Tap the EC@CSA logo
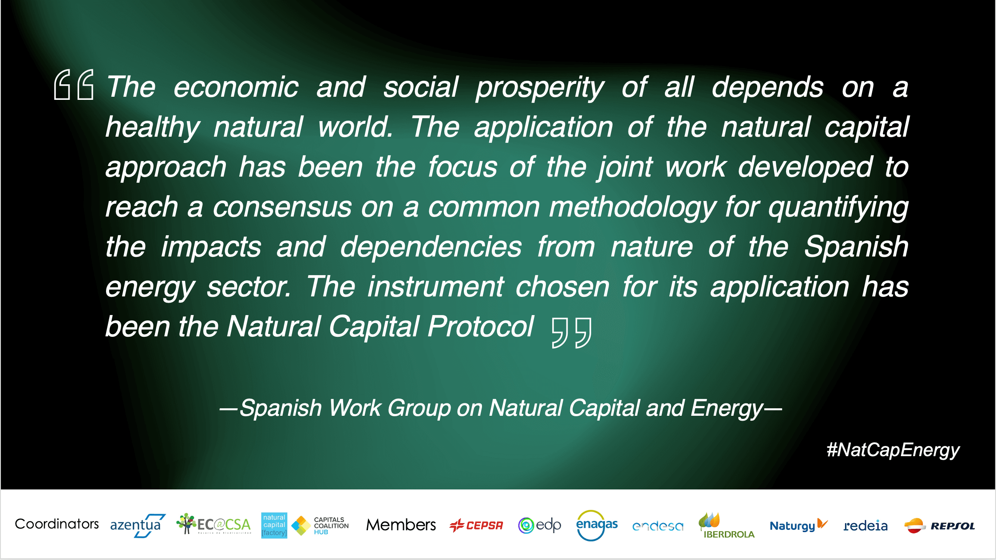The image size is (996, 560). [213, 524]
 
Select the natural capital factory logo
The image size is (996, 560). [274, 525]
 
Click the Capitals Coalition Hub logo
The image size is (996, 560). [320, 525]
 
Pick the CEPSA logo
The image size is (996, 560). [476, 525]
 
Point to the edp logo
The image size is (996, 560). [540, 525]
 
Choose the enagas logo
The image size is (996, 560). [597, 525]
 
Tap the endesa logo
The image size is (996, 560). [658, 526]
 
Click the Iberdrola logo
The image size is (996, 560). [726, 526]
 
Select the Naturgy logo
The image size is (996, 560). [798, 525]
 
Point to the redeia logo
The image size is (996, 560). [866, 526]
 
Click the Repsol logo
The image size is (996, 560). [939, 526]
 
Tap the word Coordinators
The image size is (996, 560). [57, 524]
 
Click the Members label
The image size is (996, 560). [401, 525]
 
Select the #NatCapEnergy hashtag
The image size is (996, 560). [893, 450]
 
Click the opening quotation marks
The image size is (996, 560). [74, 84]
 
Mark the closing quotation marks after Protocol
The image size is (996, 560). [572, 333]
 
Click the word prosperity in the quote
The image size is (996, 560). [540, 88]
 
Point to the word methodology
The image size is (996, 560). [632, 208]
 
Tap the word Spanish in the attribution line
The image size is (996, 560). [281, 408]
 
